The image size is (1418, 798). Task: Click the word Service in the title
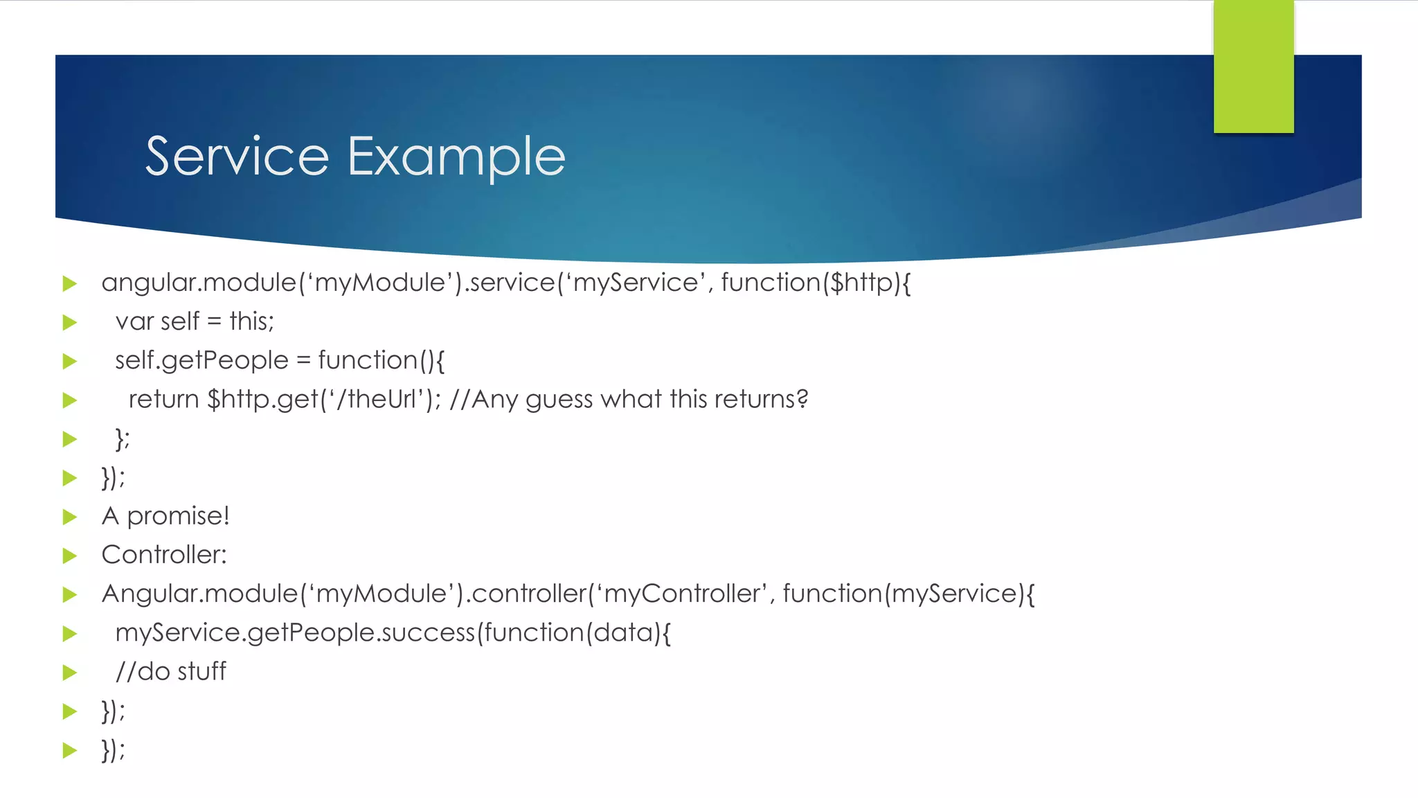237,157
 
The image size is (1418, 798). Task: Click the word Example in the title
456,158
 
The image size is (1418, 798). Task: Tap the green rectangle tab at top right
1253,66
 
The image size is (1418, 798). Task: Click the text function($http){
816,283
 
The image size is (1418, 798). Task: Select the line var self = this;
195,321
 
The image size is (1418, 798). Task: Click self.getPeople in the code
201,361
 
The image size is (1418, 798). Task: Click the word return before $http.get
163,400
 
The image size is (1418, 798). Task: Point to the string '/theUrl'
375,400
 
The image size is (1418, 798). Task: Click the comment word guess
559,400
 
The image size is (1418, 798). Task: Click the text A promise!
165,516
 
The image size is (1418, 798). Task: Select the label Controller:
164,555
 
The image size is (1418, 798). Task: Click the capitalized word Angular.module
199,594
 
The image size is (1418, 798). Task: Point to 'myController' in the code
681,594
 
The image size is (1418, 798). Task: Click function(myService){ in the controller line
908,594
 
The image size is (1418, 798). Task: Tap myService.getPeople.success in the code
295,632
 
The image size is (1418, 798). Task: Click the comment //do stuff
170,671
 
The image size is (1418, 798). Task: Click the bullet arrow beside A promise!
69,517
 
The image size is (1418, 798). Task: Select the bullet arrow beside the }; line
69,439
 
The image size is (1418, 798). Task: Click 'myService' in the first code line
636,283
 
